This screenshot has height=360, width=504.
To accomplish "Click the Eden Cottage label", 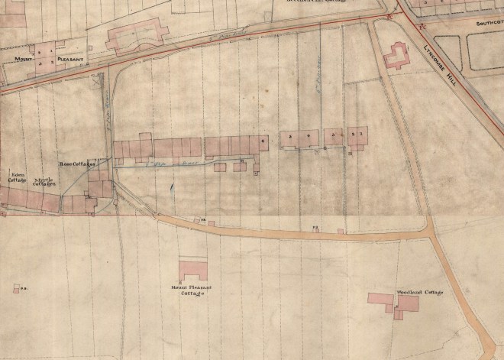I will (x=17, y=177).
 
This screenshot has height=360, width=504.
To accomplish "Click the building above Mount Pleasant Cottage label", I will (x=192, y=270).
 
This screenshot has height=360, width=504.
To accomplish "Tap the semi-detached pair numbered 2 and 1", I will (x=357, y=136).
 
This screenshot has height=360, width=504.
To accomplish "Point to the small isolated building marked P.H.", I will (x=16, y=288).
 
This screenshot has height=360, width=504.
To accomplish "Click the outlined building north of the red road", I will (x=137, y=36).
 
